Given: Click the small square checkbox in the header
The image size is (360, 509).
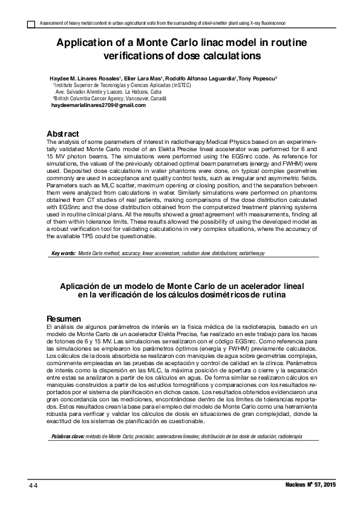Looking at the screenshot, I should [31, 24].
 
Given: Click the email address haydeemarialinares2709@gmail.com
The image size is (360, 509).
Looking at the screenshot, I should [99, 105].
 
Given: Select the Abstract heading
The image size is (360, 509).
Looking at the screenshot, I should [63, 133].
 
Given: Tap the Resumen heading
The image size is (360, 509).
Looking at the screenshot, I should [64, 319].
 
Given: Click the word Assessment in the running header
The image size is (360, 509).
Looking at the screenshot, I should [51, 23].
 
